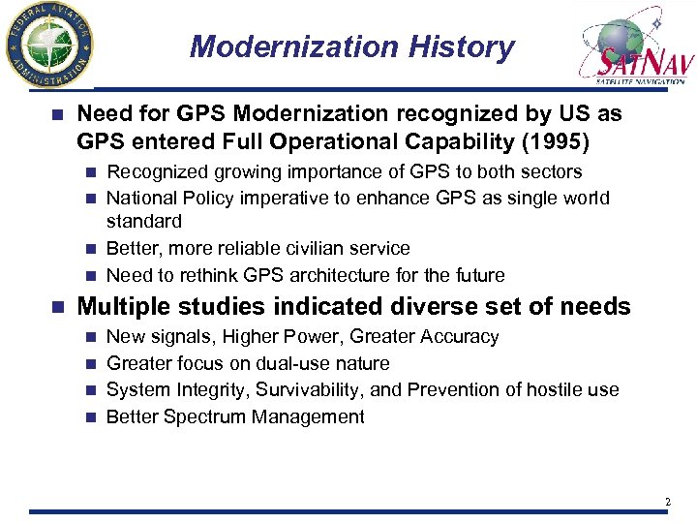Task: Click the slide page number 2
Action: coord(667,502)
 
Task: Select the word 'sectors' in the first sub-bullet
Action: coord(551,172)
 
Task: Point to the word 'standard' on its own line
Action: coord(143,222)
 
